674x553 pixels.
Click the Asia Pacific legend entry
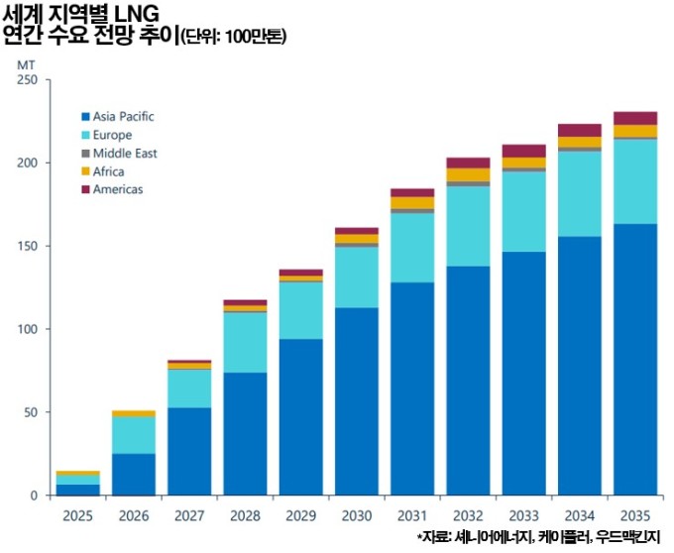[123, 117]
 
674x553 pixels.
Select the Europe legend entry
[111, 135]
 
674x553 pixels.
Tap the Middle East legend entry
[124, 154]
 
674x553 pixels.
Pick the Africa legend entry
[108, 171]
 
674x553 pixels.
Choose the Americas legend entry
[117, 189]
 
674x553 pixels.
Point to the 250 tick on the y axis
[27, 80]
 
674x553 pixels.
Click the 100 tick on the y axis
[27, 329]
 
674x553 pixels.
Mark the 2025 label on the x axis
[77, 515]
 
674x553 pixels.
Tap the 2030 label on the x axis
[356, 515]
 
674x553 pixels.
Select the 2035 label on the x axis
[635, 515]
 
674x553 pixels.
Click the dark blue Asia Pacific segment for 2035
[635, 359]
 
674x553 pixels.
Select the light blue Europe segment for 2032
[468, 226]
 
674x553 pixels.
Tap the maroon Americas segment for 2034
[580, 130]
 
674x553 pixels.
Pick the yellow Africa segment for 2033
[524, 163]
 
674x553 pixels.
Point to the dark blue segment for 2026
[133, 474]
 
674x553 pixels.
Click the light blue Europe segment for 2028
[245, 342]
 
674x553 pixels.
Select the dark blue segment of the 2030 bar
[356, 401]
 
